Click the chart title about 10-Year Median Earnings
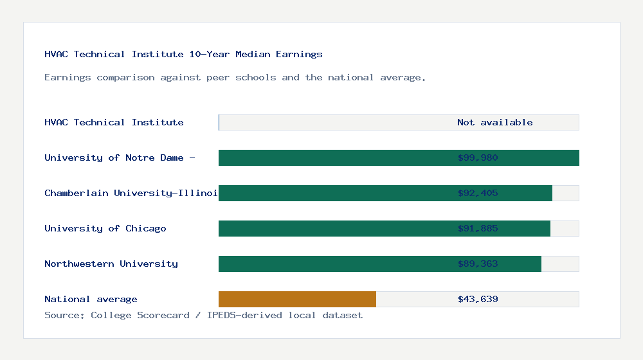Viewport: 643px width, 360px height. (183, 54)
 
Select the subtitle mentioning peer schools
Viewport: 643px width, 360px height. (235, 77)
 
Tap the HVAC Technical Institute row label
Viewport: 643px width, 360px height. (114, 122)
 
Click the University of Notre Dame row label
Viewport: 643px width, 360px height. (120, 157)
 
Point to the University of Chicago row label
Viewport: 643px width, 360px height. (105, 228)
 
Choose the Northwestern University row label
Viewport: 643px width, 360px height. (111, 264)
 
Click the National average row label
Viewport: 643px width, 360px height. (91, 299)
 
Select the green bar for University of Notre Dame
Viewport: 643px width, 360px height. (334, 157)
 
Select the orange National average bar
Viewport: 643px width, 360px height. (297, 299)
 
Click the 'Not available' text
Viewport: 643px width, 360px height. (495, 122)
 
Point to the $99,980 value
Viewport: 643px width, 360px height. (478, 157)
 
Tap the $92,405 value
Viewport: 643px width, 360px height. (478, 193)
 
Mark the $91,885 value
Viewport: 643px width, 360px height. (478, 228)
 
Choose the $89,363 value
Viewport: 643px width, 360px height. (478, 264)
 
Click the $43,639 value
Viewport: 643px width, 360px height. (478, 299)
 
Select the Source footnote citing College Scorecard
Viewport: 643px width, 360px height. (203, 315)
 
